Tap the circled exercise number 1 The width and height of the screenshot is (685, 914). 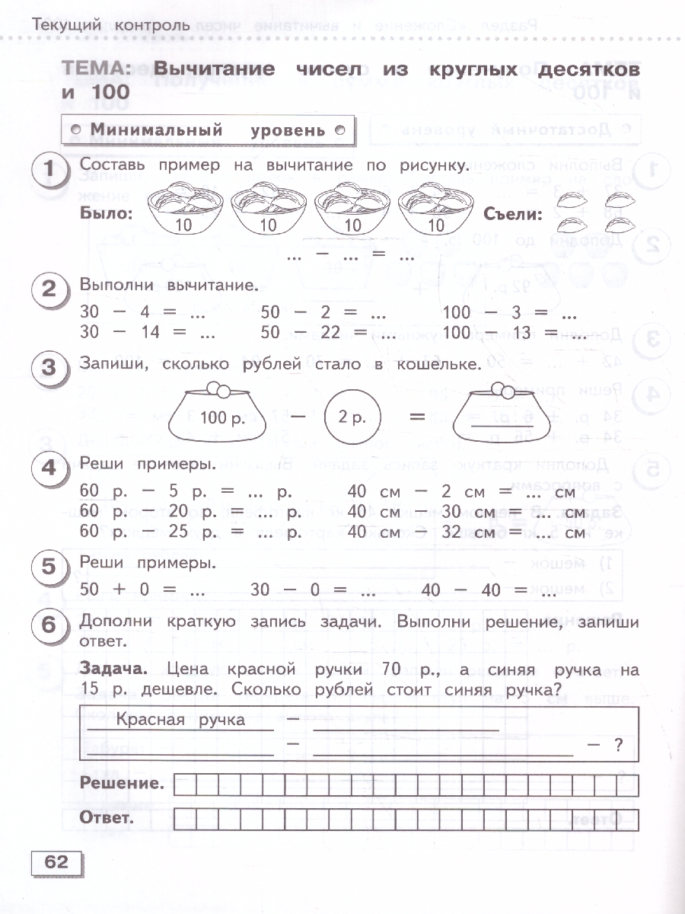click(x=50, y=171)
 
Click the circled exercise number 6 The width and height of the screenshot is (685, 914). click(x=50, y=625)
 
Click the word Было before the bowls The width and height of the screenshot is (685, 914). click(x=106, y=213)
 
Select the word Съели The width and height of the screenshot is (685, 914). click(x=512, y=214)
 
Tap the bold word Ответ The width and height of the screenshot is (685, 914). click(x=106, y=819)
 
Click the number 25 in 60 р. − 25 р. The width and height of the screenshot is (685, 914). click(x=178, y=531)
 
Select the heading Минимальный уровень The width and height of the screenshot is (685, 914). click(x=208, y=130)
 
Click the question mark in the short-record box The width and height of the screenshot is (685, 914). click(x=618, y=746)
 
